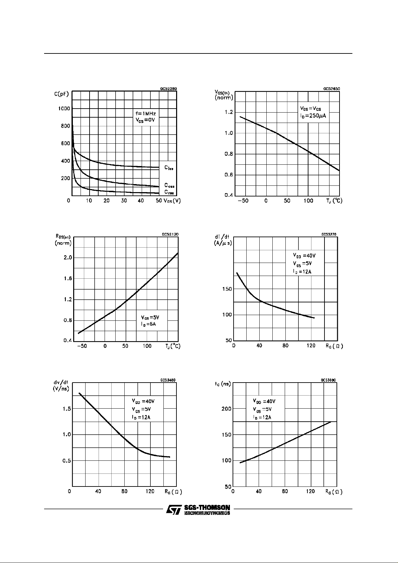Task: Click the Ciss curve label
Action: [168, 168]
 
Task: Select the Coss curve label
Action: [169, 185]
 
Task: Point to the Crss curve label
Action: [169, 192]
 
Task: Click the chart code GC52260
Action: [168, 89]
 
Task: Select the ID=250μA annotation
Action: [313, 116]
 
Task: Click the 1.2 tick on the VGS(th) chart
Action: [229, 112]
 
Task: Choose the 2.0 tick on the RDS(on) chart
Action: [68, 258]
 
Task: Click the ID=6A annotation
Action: [148, 324]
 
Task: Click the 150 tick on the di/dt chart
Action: [227, 289]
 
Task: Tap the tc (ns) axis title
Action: [223, 384]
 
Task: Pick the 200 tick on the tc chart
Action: [227, 409]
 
